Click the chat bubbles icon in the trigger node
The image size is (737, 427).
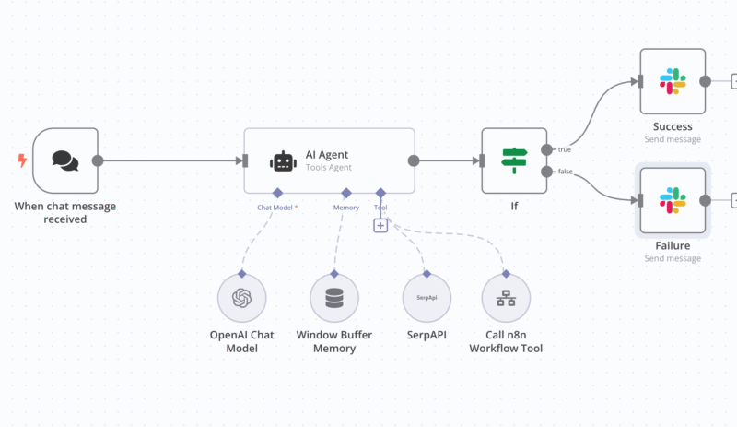(64, 160)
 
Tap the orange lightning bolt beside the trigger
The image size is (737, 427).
(22, 160)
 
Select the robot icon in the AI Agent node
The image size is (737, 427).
(283, 160)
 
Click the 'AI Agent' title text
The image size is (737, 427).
(327, 154)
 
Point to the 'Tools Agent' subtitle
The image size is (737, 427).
(330, 168)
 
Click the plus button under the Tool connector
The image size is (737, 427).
(380, 225)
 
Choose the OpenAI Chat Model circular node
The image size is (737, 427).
(241, 297)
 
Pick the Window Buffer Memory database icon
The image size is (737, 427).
(333, 297)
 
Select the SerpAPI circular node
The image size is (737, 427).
(426, 297)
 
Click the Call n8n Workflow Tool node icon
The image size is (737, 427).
(505, 297)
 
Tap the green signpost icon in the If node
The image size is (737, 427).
(514, 160)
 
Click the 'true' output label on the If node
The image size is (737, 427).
(563, 148)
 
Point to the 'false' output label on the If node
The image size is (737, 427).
(564, 172)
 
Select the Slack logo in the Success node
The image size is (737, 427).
(673, 81)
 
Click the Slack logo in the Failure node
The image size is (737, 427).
(673, 199)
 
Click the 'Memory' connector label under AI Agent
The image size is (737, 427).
(345, 208)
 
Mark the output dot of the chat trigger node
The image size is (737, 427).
(98, 160)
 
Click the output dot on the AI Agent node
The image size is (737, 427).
(414, 160)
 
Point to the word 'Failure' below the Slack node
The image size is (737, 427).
(673, 245)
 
